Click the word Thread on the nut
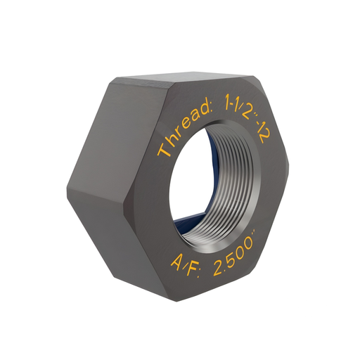185,130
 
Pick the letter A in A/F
176,263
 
